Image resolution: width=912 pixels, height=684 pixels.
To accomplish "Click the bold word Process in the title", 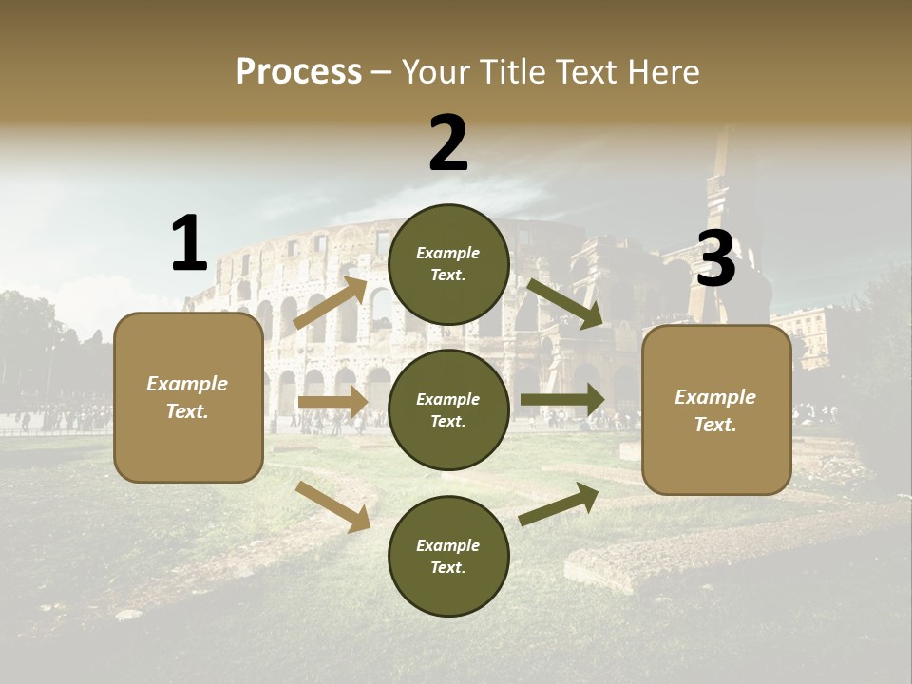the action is point(298,72).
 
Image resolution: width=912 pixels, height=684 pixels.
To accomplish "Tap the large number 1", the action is point(189,243).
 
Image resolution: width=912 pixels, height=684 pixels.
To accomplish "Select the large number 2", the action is point(448,143).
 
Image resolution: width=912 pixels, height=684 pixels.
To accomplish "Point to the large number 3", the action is point(716,259).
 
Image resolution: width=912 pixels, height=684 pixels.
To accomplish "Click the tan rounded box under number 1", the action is point(188,446).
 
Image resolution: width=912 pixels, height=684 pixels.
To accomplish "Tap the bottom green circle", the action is point(448,589).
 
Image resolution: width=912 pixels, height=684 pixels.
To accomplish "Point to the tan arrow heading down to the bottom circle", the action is point(333,506).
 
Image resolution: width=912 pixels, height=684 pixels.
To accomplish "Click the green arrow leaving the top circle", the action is point(565,304).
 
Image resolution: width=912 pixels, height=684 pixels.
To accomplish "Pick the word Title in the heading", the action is point(514,72).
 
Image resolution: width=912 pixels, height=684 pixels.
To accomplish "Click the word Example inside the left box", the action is point(187,384).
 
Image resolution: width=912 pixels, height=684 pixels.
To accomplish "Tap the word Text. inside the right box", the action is point(715,425).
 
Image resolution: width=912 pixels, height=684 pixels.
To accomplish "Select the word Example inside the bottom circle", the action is point(447,545).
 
